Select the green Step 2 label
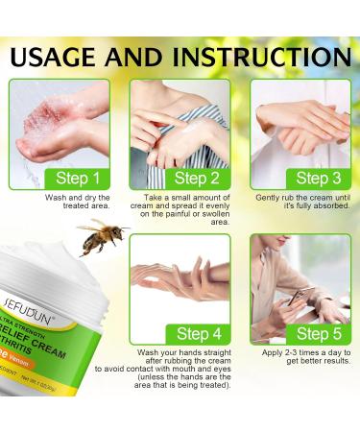tap(196, 179)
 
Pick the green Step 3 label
tap(315, 179)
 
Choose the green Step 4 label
tap(196, 333)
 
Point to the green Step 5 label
tap(315, 333)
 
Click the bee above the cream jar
tap(103, 236)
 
